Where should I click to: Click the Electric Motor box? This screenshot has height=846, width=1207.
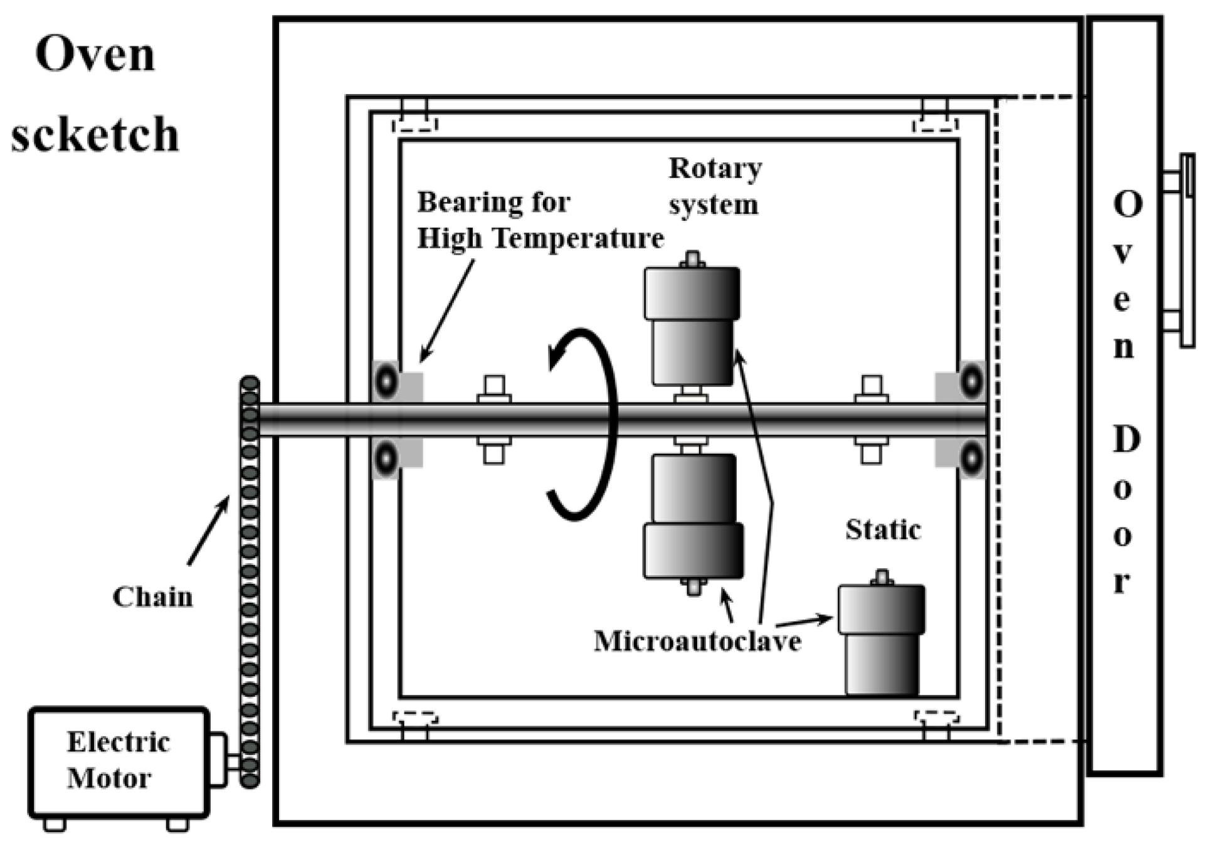tap(118, 761)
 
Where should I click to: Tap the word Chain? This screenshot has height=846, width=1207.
tap(152, 597)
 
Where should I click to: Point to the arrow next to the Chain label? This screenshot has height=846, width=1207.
tap(209, 530)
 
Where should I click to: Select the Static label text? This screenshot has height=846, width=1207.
tap(883, 531)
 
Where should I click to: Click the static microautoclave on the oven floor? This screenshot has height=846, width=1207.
tap(882, 640)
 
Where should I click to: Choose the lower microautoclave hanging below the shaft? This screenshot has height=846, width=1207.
tap(693, 517)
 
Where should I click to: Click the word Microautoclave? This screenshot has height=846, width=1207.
tap(697, 641)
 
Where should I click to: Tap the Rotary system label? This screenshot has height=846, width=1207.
tap(715, 186)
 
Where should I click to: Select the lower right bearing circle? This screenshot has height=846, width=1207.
tap(971, 458)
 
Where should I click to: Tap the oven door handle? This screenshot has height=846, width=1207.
tap(1186, 251)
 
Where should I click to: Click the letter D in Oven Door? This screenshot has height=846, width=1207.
tap(1126, 440)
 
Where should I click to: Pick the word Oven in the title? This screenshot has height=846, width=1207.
tap(95, 55)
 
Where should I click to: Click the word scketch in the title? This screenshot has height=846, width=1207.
tap(95, 134)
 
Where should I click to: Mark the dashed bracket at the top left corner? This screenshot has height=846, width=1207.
tap(414, 124)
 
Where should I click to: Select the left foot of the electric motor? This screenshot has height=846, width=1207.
tap(55, 824)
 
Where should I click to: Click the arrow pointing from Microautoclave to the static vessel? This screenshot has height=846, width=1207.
tap(804, 621)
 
